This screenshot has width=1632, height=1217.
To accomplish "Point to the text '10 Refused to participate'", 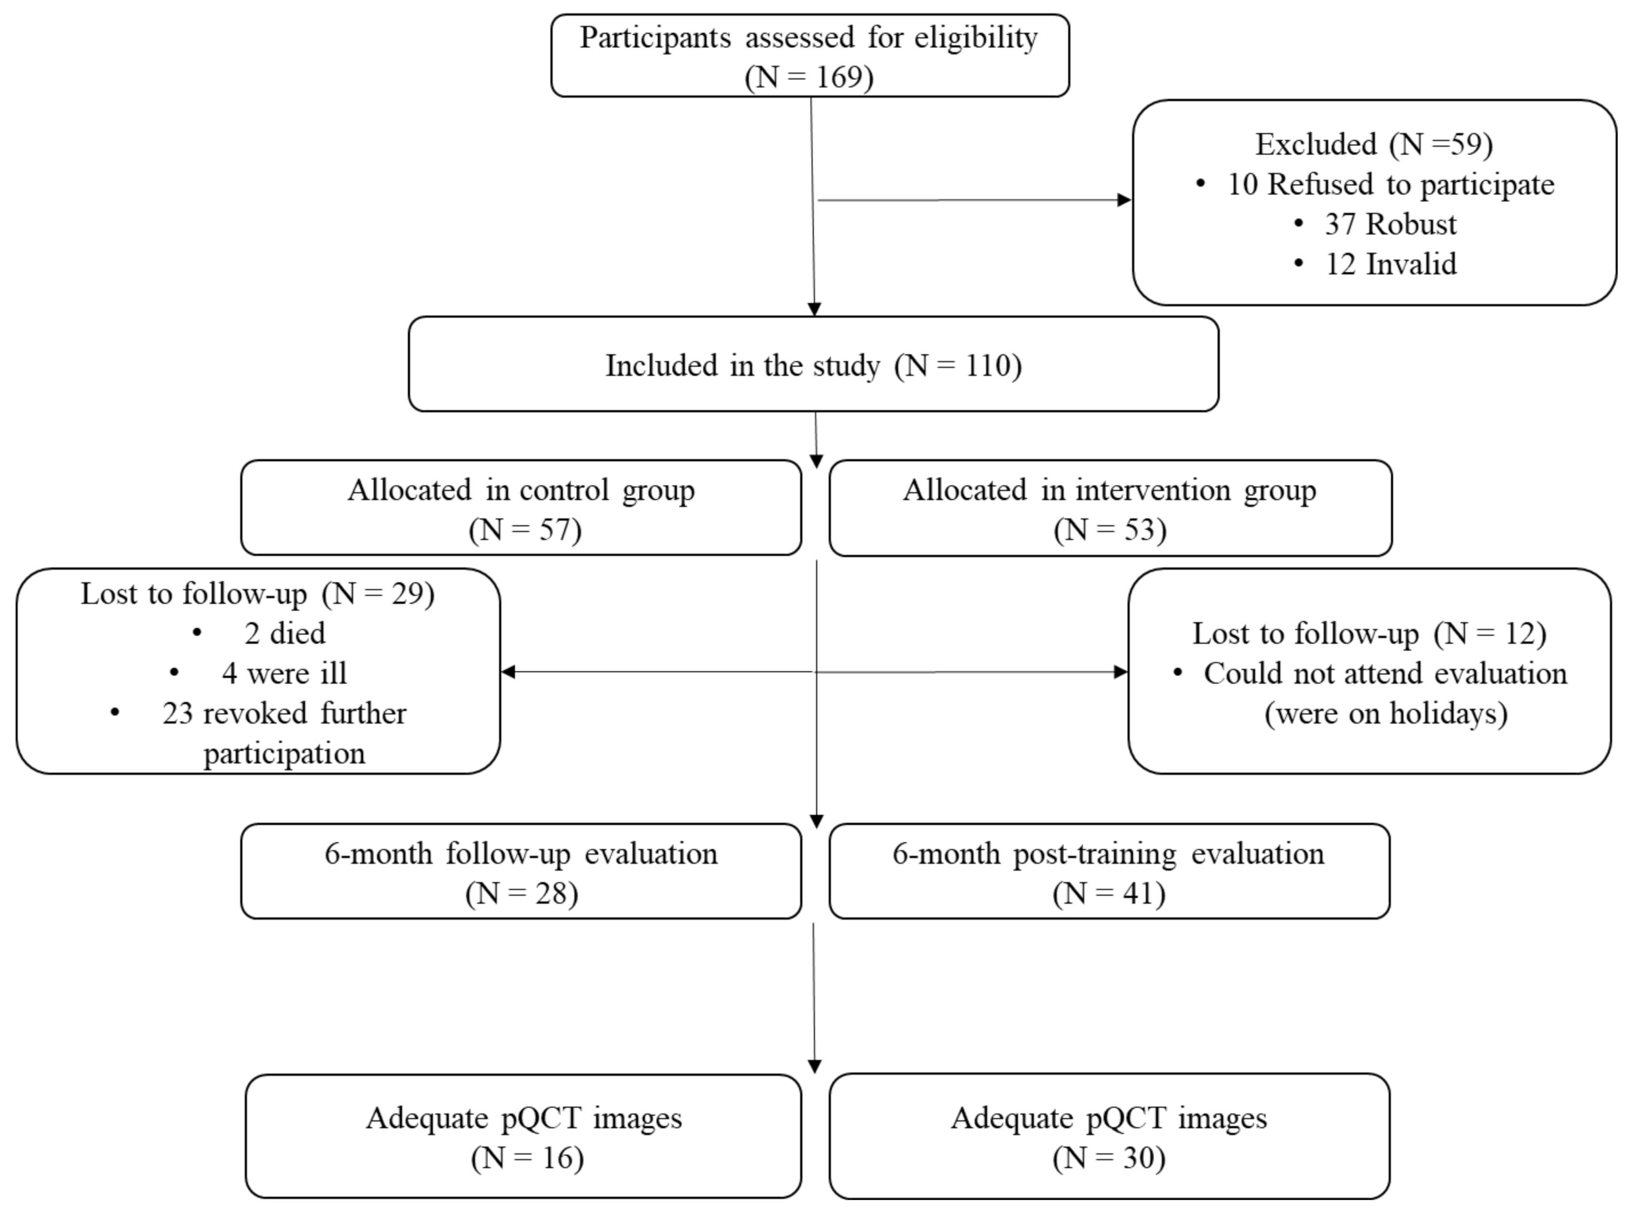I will point(1390,184).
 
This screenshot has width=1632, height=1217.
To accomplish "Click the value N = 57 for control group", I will point(525,530).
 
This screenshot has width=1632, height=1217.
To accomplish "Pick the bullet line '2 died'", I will point(284,633).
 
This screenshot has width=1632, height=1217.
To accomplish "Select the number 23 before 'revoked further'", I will point(177,713).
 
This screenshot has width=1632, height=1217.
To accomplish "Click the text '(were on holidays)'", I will point(1385,713).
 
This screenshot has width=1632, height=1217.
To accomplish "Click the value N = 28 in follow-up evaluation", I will point(522,894).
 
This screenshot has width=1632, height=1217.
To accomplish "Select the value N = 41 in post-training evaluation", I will point(1109,894).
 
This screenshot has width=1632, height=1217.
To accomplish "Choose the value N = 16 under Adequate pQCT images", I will point(528,1158).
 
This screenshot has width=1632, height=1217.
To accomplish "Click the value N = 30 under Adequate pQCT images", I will point(1109,1158).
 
